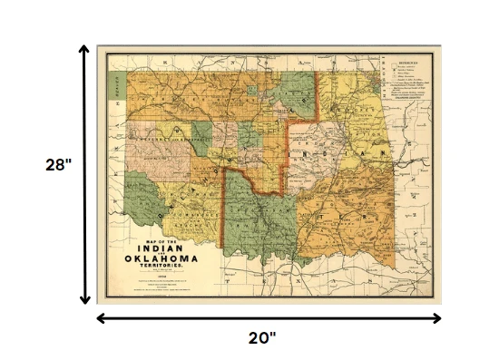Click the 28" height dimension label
[58, 166]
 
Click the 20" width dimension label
[262, 338]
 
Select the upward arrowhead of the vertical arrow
[84, 51]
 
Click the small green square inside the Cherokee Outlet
[250, 92]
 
